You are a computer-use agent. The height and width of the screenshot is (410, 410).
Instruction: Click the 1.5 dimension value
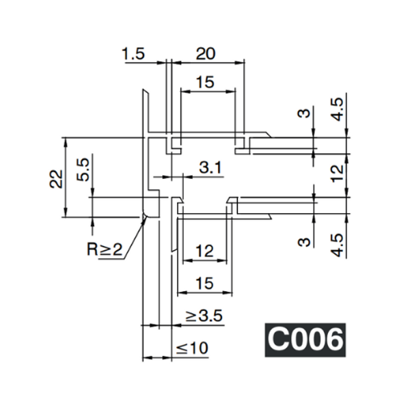(136, 54)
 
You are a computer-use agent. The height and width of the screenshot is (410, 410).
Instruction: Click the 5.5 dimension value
(83, 168)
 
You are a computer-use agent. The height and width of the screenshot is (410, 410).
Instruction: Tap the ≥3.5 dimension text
(204, 316)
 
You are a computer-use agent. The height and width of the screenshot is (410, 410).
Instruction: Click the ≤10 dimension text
(191, 348)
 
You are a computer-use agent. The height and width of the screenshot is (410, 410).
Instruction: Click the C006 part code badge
(303, 339)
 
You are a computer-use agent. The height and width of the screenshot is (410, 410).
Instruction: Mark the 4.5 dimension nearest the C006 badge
(336, 242)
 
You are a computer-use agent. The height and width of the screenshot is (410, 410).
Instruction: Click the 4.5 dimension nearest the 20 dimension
(336, 109)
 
